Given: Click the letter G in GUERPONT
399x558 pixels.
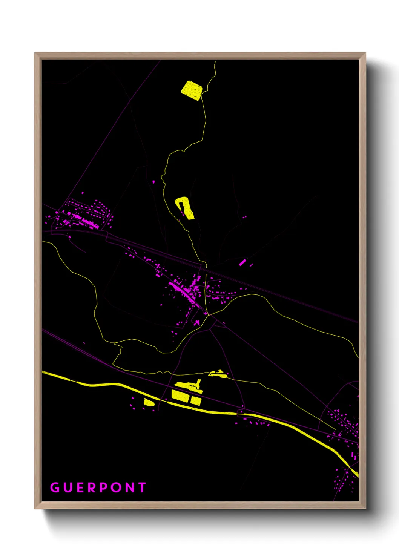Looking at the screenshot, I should pyautogui.click(x=55, y=487).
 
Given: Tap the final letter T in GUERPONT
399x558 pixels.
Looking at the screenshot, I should pyautogui.click(x=142, y=487).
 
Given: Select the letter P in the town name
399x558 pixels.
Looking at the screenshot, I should pyautogui.click(x=103, y=487).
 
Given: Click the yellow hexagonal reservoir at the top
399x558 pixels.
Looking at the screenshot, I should pyautogui.click(x=192, y=90).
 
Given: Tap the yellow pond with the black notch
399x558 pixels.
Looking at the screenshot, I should pyautogui.click(x=185, y=208).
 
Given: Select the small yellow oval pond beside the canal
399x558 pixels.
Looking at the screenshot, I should pyautogui.click(x=149, y=402).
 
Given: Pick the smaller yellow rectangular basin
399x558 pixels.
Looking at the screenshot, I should pyautogui.click(x=196, y=400).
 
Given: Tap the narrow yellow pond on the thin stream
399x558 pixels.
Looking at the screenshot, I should pyautogui.click(x=218, y=374).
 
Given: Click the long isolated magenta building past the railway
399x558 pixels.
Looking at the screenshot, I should pyautogui.click(x=242, y=262).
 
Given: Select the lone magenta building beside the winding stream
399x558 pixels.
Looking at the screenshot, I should pyautogui.click(x=153, y=182).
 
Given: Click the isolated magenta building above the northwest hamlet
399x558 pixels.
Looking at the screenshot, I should pyautogui.click(x=83, y=193).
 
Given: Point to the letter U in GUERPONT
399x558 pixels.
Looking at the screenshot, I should pyautogui.click(x=68, y=487).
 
